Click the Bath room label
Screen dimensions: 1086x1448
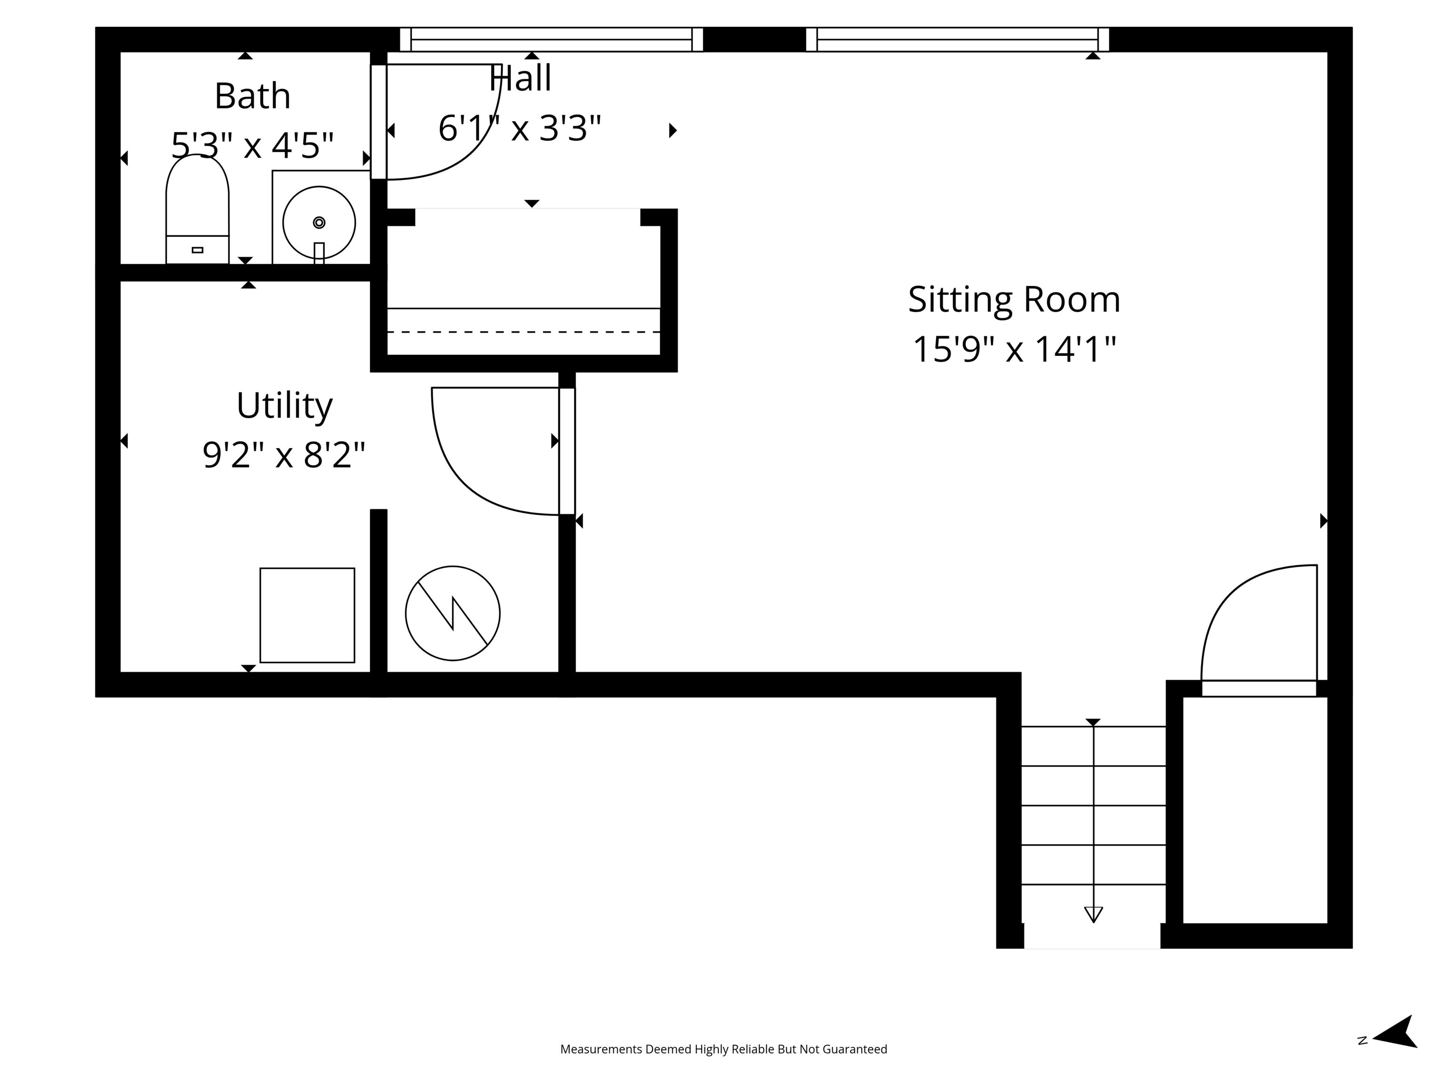pyautogui.click(x=252, y=96)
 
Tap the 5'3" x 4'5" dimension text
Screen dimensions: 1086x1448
pyautogui.click(x=252, y=145)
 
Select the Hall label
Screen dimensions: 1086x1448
pyautogui.click(x=520, y=79)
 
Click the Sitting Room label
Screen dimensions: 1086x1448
pyautogui.click(x=1013, y=299)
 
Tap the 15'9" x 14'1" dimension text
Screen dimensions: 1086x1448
pyautogui.click(x=1013, y=349)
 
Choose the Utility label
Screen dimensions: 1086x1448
pyautogui.click(x=284, y=405)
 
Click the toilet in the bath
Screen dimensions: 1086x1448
pyautogui.click(x=197, y=209)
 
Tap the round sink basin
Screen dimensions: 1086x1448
pyautogui.click(x=319, y=222)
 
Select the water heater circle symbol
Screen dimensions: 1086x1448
pyautogui.click(x=452, y=613)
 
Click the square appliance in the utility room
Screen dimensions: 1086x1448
pyautogui.click(x=307, y=615)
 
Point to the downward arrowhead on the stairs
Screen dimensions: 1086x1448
pyautogui.click(x=1093, y=914)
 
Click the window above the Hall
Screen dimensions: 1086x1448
pyautogui.click(x=551, y=39)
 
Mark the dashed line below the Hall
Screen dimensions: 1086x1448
pyautogui.click(x=524, y=332)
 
